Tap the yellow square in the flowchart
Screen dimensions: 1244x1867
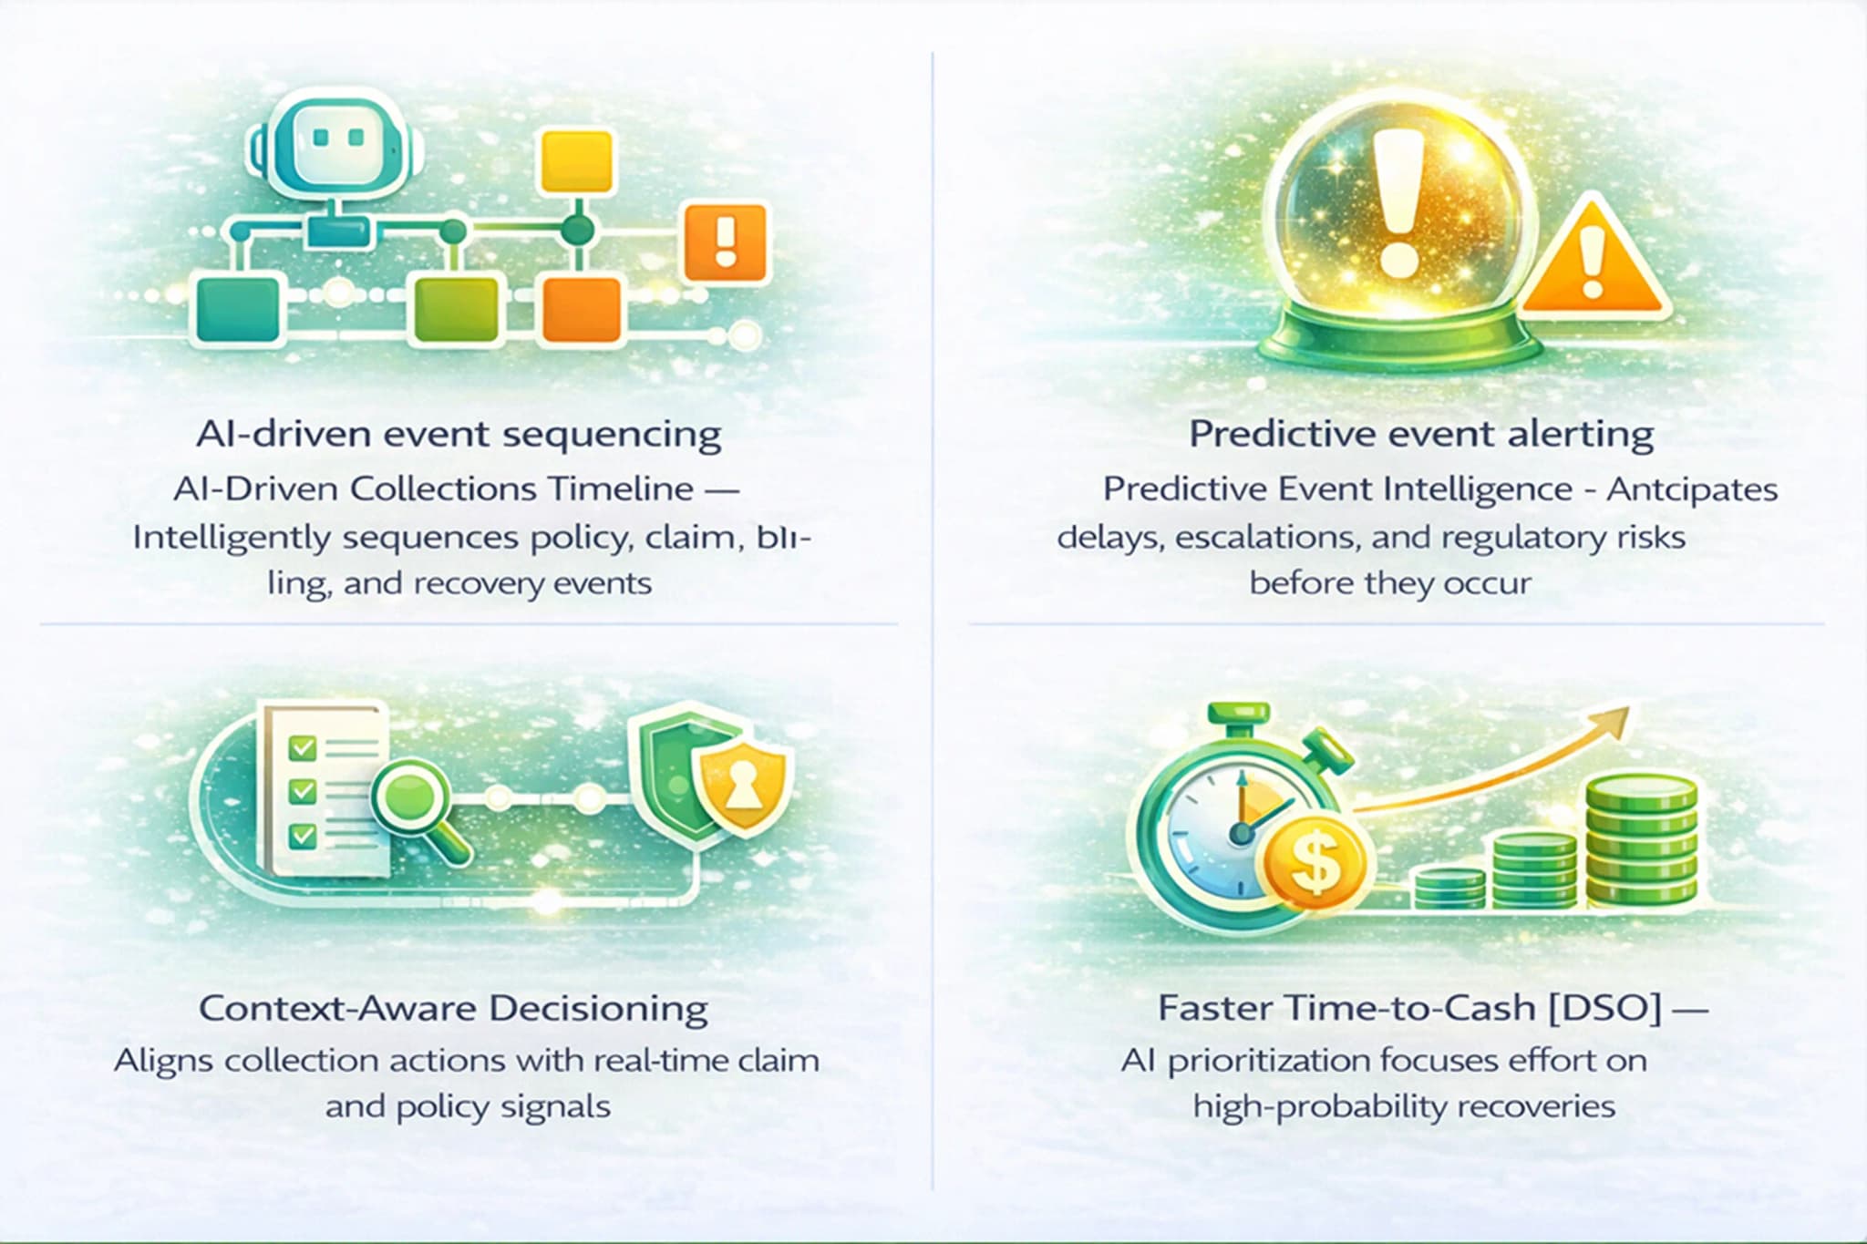tap(576, 162)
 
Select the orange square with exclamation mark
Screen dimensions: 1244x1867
tap(726, 242)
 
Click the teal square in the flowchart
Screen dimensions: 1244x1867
tap(238, 310)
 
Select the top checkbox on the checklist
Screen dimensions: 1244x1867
tap(302, 748)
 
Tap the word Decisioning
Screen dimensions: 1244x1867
tap(598, 1008)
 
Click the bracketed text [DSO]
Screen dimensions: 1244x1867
tap(1605, 1008)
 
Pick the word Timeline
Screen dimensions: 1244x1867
tap(621, 489)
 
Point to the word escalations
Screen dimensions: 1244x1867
tap(1265, 538)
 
